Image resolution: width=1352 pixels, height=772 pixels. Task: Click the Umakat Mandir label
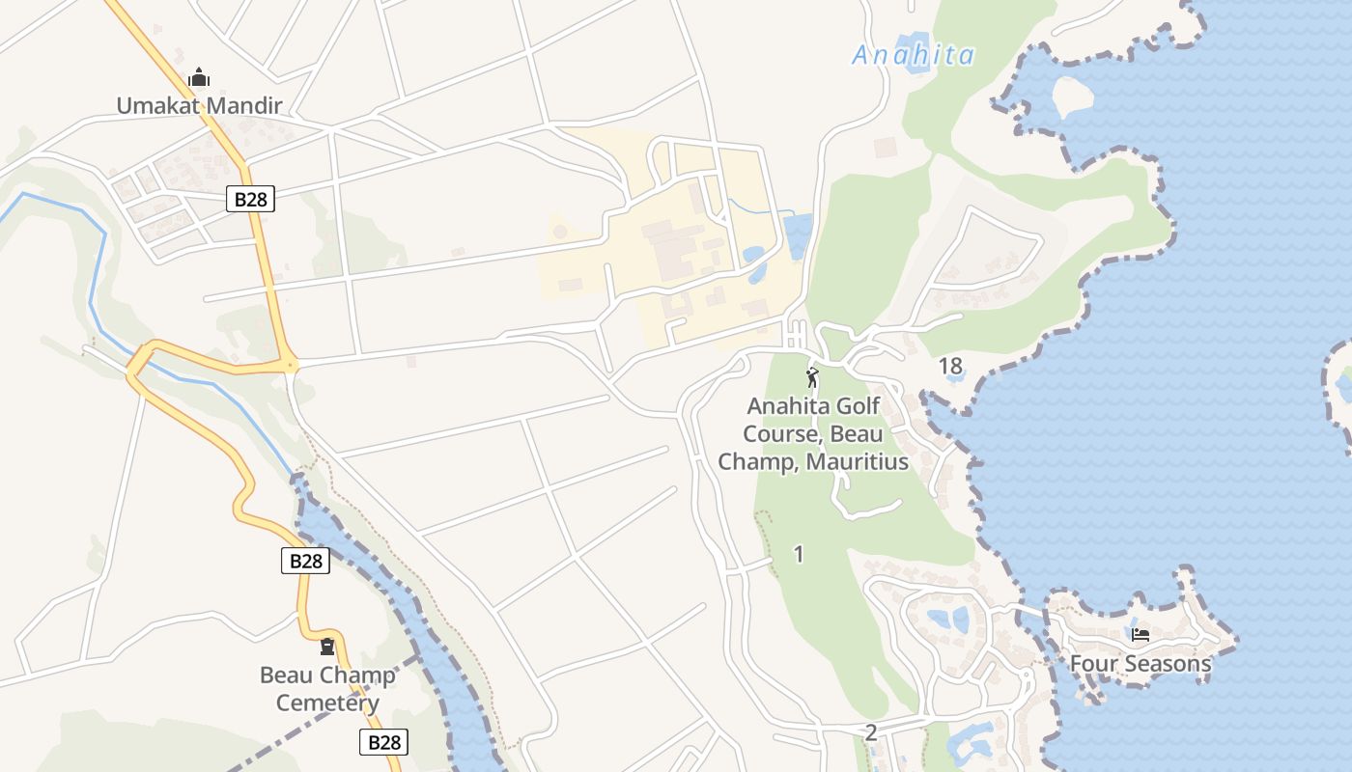(199, 105)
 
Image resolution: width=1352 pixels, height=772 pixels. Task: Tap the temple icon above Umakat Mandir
(199, 78)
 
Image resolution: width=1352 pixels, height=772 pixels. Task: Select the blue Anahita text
(913, 56)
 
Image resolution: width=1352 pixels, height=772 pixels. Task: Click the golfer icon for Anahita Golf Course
(812, 377)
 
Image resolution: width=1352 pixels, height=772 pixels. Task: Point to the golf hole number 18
(950, 366)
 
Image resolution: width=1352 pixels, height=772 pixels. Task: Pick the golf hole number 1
(798, 554)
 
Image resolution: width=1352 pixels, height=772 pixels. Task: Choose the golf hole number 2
(870, 732)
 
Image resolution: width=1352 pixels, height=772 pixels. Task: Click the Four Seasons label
(1140, 664)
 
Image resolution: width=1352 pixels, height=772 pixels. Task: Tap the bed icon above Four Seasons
(1140, 635)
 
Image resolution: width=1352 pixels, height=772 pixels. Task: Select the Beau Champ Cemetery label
(327, 688)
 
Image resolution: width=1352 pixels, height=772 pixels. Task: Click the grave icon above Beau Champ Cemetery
(327, 647)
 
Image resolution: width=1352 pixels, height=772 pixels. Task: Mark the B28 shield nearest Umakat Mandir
(251, 199)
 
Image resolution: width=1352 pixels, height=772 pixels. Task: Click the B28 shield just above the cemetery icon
(305, 561)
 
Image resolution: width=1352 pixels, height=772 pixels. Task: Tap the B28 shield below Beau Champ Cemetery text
(383, 742)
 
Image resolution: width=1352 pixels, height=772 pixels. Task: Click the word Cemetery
(327, 703)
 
